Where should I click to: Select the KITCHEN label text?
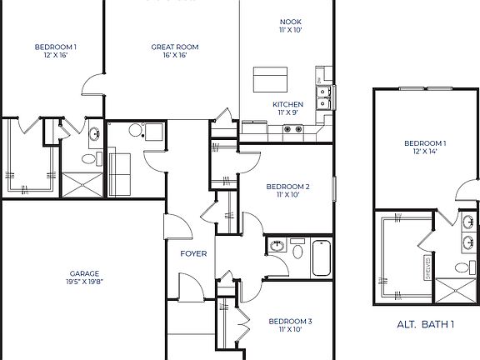[x=287, y=104]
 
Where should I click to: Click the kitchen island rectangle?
[x=270, y=81]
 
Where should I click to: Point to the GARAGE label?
[x=85, y=273]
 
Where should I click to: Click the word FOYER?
[x=193, y=253]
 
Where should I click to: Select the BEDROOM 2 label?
[x=288, y=187]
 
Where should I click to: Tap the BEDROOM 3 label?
[x=289, y=321]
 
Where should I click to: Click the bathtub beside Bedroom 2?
[x=322, y=258]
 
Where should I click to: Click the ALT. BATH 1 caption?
[x=426, y=325]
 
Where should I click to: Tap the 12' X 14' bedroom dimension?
[x=425, y=151]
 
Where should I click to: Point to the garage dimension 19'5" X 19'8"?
[x=85, y=282]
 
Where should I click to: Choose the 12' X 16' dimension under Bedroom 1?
[x=56, y=56]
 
